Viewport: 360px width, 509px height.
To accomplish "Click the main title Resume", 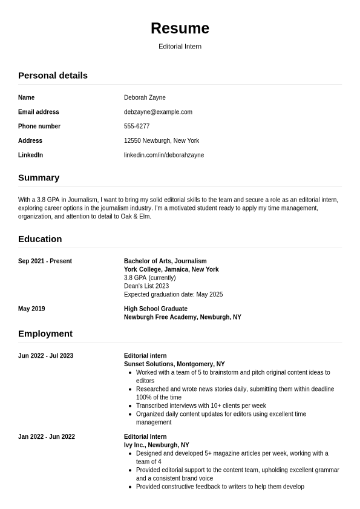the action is coord(180,28).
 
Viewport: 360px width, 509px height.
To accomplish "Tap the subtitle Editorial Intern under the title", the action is coord(180,47).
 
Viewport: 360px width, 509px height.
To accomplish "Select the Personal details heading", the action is coord(53,75).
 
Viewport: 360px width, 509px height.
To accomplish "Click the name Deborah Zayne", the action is coord(145,97).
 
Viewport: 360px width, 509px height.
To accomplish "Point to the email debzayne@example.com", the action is coord(158,112).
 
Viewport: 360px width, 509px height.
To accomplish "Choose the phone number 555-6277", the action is coord(137,126).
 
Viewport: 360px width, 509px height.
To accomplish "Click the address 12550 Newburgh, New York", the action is coord(162,140).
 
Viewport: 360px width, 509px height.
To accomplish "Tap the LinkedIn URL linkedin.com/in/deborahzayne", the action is coord(164,155).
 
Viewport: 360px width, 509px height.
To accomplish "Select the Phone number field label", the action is coord(39,126).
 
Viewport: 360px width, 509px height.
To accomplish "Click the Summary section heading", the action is coord(39,177).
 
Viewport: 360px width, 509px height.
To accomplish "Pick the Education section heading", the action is coord(40,238).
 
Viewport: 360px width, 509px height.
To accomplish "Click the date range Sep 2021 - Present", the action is coord(45,261).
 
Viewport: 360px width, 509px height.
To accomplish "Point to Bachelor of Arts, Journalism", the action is coord(165,261).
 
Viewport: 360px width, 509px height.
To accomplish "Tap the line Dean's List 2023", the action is coord(146,286).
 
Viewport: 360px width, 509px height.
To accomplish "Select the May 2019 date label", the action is coord(31,309).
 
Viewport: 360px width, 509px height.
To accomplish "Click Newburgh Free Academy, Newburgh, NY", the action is coord(182,317).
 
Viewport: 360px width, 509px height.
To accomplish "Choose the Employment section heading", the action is coord(45,333).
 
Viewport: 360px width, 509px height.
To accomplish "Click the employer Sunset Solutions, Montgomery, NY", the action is coord(174,364).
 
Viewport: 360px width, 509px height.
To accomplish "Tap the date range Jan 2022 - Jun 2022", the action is coord(47,437).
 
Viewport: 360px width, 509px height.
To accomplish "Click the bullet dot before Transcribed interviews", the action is coord(130,406).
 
